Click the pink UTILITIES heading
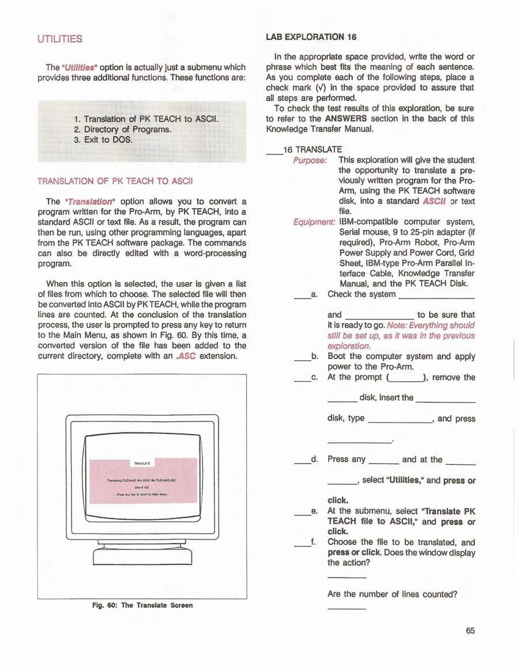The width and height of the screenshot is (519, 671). [60, 39]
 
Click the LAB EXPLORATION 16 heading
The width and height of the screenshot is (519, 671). [311, 37]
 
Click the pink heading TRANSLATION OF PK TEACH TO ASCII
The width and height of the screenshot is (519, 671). [115, 181]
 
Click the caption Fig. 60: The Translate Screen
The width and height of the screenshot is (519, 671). [142, 605]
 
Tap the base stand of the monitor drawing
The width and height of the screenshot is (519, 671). [142, 556]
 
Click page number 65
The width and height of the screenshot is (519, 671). [470, 630]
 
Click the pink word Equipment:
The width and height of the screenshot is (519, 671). [314, 222]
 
